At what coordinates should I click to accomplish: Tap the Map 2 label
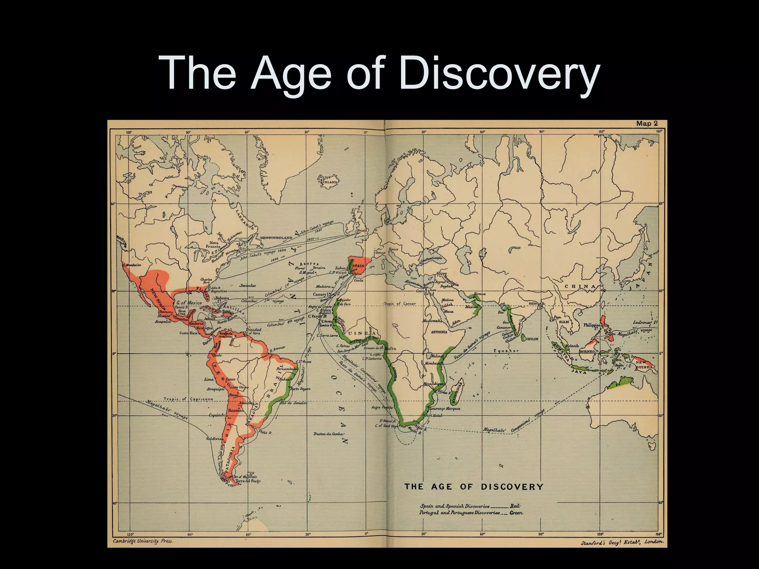[647, 124]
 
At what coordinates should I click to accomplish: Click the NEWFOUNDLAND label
[276, 237]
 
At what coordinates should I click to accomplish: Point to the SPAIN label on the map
[358, 266]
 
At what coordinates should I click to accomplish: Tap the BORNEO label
[587, 351]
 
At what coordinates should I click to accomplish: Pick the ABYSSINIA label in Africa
[439, 332]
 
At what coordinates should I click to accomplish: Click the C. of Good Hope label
[387, 426]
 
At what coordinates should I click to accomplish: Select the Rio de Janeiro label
[294, 403]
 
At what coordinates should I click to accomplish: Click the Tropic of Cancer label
[400, 304]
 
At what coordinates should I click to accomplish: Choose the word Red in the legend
[515, 506]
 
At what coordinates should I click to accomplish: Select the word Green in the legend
[516, 513]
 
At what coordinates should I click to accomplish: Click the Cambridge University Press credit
[143, 541]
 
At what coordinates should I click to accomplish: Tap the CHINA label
[580, 286]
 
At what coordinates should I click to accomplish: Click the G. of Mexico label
[189, 303]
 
